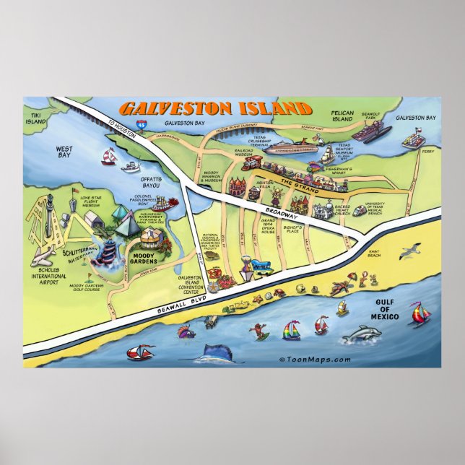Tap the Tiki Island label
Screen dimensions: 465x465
[34, 117]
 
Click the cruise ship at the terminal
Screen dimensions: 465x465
[289, 147]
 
